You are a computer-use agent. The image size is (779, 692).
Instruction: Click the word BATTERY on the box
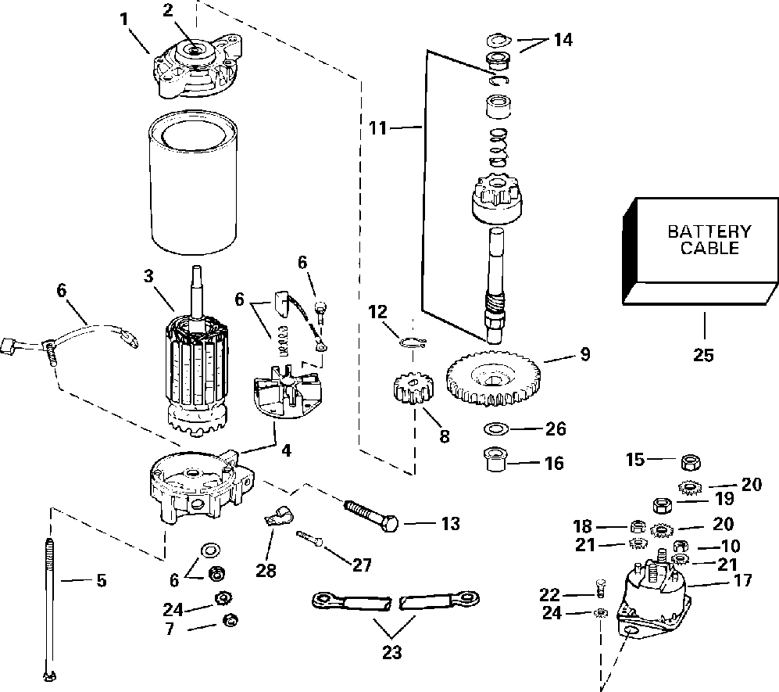click(709, 231)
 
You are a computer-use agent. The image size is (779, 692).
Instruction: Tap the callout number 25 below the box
click(703, 355)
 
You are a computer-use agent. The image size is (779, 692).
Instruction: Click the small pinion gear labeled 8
click(413, 389)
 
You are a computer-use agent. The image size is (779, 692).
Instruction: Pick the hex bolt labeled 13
click(372, 514)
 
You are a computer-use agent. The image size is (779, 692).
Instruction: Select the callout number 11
click(377, 128)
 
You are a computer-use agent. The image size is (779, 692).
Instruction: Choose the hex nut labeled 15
click(690, 463)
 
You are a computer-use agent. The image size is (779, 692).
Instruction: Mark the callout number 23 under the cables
click(391, 652)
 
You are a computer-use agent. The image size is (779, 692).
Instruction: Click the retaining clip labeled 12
click(413, 341)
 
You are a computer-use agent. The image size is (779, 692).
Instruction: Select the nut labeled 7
click(230, 620)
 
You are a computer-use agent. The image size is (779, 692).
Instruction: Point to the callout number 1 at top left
click(124, 20)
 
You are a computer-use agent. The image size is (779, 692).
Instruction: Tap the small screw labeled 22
click(601, 588)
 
